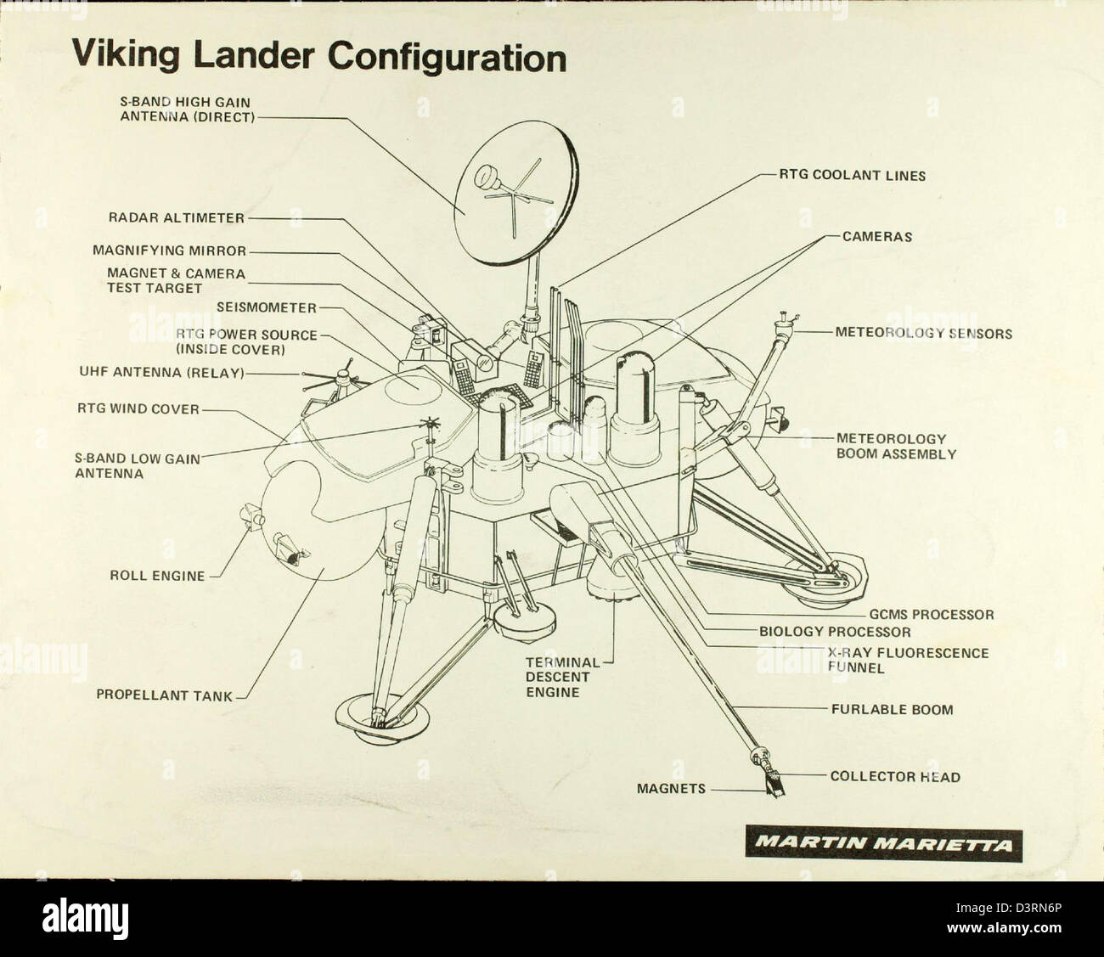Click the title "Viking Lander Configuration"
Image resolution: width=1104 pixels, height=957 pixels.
tap(318, 57)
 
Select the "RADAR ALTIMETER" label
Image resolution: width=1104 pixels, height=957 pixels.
tap(176, 218)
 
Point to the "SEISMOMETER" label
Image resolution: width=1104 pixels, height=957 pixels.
tap(266, 307)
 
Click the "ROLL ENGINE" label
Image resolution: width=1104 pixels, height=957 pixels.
tap(158, 576)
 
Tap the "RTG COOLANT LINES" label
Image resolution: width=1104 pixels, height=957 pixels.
tap(853, 176)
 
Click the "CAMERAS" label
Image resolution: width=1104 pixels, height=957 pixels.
tap(876, 237)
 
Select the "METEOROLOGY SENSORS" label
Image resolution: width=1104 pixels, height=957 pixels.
tap(923, 334)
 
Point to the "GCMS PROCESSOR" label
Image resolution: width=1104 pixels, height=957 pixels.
tap(931, 614)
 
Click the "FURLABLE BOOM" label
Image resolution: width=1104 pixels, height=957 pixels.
tap(892, 709)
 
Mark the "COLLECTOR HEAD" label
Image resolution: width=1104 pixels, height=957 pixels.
tap(895, 776)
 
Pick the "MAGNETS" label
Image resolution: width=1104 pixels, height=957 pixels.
tap(671, 789)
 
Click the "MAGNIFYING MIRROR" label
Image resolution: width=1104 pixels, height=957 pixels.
tap(170, 251)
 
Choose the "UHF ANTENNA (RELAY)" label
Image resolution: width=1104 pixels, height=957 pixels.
tap(161, 373)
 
